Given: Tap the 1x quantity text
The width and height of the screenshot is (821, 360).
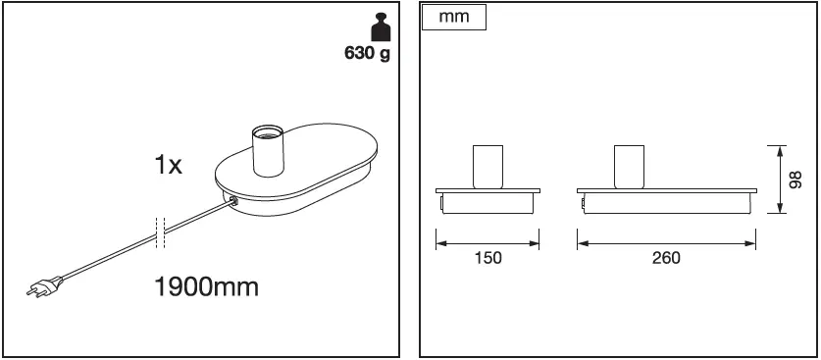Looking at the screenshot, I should point(168,165).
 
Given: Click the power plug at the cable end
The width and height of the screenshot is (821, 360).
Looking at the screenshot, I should point(43,286).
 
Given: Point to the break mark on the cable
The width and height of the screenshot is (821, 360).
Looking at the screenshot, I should point(160,231).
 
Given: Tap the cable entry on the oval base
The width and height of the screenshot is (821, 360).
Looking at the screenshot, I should point(231,201).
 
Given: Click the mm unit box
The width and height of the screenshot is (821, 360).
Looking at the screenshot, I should point(452,20).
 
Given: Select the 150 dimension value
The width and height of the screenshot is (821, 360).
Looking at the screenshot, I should point(487,258).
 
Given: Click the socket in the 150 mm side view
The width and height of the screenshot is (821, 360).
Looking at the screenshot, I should point(487,166).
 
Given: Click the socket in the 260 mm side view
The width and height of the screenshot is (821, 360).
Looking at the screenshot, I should point(629,166).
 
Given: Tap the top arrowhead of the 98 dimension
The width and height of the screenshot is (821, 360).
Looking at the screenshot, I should point(780,150).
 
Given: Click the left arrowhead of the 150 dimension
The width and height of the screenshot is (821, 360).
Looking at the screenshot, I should point(440,239).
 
